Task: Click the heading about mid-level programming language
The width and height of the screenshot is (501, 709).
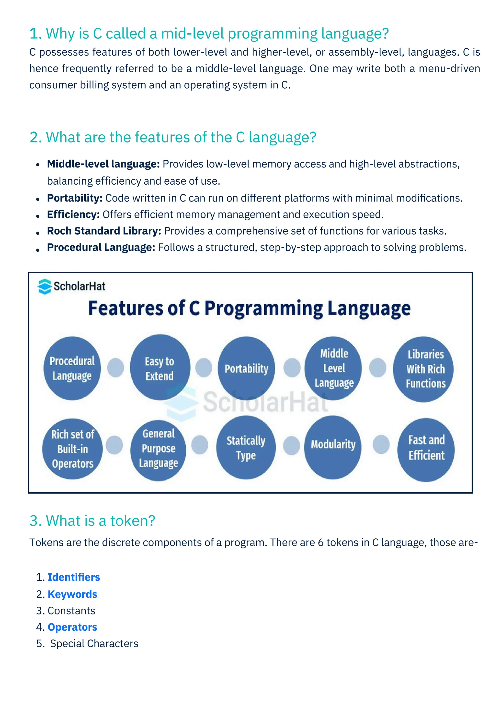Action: tap(209, 34)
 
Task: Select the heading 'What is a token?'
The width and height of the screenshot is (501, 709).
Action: tap(92, 521)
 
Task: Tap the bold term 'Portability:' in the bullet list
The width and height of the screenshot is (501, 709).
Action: tap(75, 198)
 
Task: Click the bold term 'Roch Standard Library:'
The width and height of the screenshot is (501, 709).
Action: tap(104, 231)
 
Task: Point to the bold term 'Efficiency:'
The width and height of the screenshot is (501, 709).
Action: tap(73, 214)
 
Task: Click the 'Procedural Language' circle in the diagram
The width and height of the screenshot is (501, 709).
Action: tap(72, 368)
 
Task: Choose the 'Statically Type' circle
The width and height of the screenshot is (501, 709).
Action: tap(246, 448)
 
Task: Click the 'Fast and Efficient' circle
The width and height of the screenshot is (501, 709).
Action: tap(426, 449)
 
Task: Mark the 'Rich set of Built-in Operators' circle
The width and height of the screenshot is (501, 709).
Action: tap(72, 449)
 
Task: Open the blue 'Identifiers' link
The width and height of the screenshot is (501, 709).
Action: tap(74, 577)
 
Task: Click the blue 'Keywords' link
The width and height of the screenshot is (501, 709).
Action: tap(72, 594)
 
